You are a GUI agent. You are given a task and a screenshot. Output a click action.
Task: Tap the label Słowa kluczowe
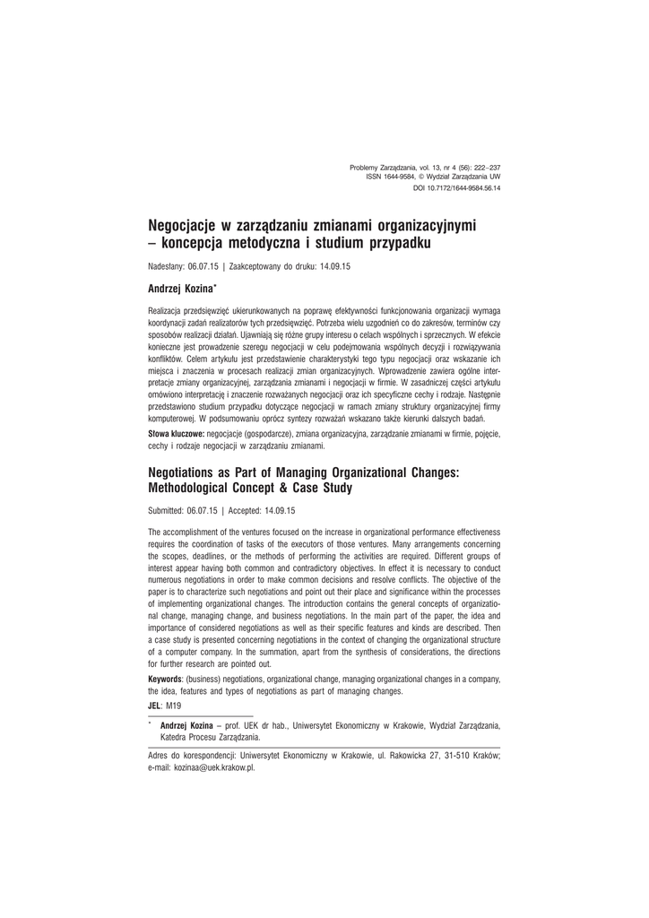coord(176,433)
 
